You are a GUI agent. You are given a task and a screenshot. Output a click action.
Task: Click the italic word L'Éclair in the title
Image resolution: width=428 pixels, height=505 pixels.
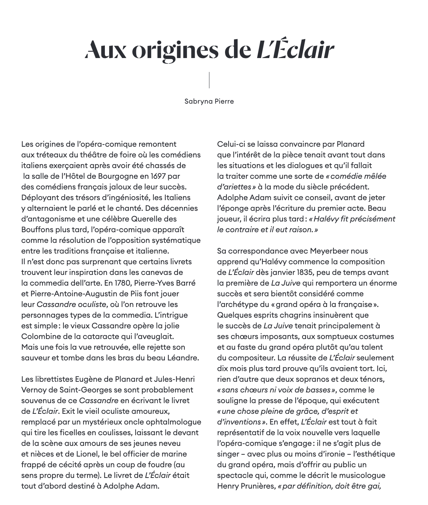pos(295,50)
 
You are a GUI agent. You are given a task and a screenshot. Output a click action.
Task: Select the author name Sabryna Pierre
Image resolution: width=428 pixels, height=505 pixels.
pos(209,101)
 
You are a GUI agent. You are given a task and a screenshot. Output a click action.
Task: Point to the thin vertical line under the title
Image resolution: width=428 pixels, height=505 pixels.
pos(209,80)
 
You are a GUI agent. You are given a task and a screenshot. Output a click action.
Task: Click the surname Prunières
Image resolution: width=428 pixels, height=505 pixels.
pos(255,486)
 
